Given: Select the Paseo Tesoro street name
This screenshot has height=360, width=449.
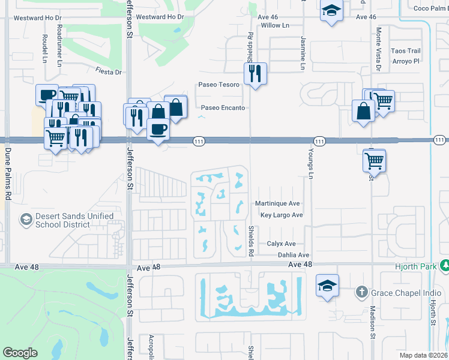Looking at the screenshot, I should [x=219, y=85].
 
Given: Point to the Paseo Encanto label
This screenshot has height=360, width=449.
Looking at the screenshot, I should [x=223, y=108].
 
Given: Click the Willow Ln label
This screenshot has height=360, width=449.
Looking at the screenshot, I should [x=275, y=26].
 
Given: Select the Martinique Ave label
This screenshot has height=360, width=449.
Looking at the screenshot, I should [x=277, y=203].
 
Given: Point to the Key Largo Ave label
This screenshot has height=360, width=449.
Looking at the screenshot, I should [x=281, y=215].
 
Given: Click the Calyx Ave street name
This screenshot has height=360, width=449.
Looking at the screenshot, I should [x=282, y=244].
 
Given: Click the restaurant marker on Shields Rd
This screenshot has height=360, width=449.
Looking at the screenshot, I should [x=255, y=73].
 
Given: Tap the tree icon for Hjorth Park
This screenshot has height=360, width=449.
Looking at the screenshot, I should [x=444, y=265].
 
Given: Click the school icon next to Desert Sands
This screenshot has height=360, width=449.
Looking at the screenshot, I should [x=26, y=220].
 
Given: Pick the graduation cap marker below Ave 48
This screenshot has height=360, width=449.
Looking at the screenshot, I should [x=328, y=286].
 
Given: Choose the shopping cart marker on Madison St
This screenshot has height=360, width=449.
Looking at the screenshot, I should [x=374, y=160].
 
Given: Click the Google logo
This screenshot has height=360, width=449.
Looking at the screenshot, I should [x=20, y=353].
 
